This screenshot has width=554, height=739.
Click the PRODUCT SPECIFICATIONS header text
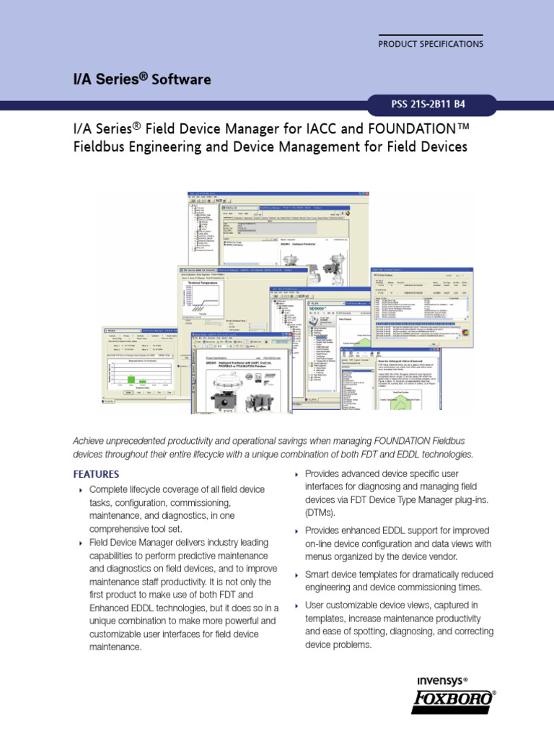[x=431, y=44]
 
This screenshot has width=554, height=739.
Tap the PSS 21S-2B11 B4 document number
[x=429, y=104]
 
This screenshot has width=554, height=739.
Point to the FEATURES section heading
[x=96, y=474]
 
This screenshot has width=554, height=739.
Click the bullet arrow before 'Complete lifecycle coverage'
[x=80, y=490]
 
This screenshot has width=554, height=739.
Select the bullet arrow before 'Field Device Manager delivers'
[x=80, y=542]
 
